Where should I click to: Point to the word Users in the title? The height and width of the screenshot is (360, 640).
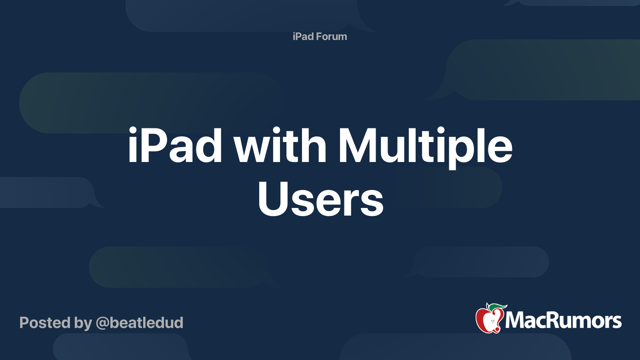point(320,199)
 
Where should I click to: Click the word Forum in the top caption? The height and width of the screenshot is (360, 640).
point(331,36)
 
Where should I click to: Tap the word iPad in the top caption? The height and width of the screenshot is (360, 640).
point(303,36)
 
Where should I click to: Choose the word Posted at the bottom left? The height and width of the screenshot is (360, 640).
point(45,323)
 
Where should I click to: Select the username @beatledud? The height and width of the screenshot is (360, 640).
point(140,323)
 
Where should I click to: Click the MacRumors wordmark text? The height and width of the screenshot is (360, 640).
point(563,320)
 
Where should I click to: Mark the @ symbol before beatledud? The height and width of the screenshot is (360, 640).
point(102,323)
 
